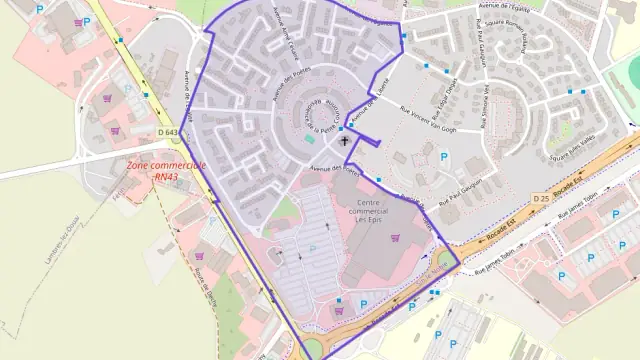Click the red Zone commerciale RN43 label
tap(166, 171)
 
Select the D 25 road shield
tap(541, 198)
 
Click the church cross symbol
tap(346, 142)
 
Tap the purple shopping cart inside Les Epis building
tap(395, 238)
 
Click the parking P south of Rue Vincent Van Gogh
tap(444, 156)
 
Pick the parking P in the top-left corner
tap(40, 8)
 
